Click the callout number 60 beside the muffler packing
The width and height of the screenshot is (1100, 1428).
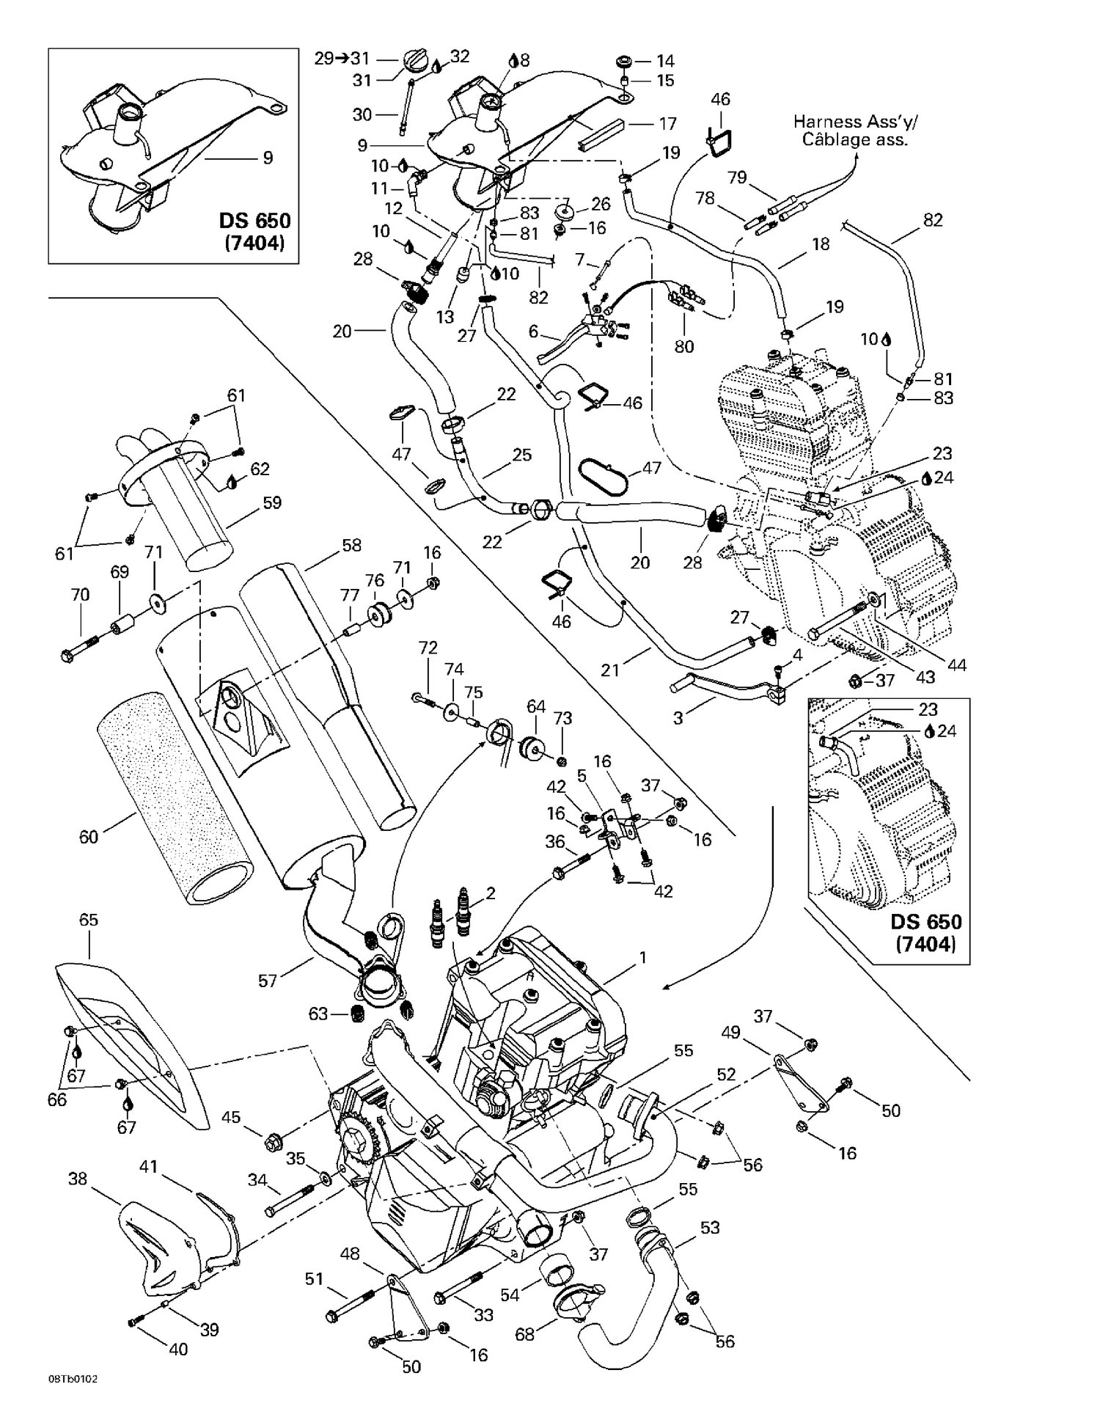click(x=88, y=837)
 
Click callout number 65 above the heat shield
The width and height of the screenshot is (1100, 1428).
click(x=88, y=920)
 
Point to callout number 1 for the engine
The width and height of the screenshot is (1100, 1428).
click(x=643, y=957)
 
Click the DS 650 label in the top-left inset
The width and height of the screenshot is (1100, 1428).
click(x=254, y=221)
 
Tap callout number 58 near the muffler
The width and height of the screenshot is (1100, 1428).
click(x=352, y=545)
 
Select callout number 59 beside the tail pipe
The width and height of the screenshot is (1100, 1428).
click(x=272, y=502)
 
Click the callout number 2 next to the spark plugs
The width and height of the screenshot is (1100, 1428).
click(x=491, y=893)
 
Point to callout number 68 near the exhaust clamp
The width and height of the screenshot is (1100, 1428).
click(x=524, y=1334)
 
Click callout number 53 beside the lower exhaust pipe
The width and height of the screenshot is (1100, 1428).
click(x=710, y=1227)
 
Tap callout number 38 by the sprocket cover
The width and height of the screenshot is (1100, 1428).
click(x=78, y=1178)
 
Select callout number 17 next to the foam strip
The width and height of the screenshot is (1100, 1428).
click(x=667, y=123)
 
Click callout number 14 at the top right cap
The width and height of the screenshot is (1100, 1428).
click(x=665, y=61)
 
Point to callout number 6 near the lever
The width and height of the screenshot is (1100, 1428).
click(x=534, y=332)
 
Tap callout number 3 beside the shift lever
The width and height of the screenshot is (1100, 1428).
click(x=678, y=717)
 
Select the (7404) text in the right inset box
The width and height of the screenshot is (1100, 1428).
click(x=925, y=944)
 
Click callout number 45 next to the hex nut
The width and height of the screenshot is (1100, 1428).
click(x=231, y=1117)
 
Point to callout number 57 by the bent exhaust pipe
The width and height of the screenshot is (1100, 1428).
click(x=268, y=980)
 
